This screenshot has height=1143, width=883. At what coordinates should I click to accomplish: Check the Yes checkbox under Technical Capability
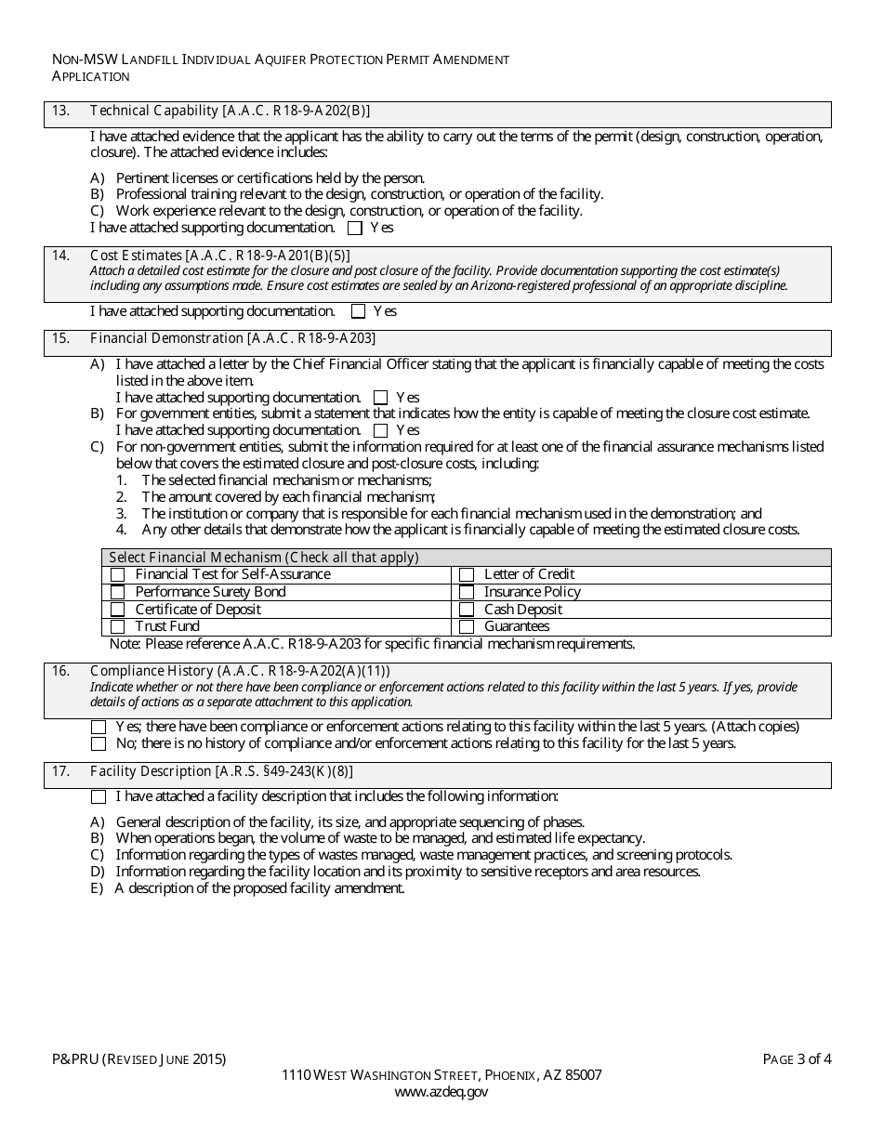point(354,228)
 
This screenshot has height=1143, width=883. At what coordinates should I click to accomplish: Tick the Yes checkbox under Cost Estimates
point(358,312)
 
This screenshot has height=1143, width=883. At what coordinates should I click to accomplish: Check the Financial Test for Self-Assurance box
point(117,575)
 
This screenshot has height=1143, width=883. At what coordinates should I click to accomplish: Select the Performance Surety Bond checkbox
point(117,593)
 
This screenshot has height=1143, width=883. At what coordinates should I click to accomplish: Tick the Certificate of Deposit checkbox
point(117,610)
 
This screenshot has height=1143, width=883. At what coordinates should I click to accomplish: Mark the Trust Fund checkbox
point(117,627)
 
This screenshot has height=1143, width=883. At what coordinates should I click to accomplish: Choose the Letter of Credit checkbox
point(467,575)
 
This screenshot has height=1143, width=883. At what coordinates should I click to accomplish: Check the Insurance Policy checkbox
point(467,593)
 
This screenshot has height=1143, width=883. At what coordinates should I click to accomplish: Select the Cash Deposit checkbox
point(467,610)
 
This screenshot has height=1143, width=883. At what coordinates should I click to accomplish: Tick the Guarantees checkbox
point(467,627)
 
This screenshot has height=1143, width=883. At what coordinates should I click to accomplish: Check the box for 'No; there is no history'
point(99,744)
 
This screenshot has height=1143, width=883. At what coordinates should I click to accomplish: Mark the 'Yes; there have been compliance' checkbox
point(99,727)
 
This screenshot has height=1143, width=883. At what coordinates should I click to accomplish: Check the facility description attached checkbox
point(99,797)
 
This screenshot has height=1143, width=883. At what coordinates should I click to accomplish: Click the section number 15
point(60,338)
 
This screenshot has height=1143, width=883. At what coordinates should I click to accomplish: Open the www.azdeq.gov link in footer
point(441,1093)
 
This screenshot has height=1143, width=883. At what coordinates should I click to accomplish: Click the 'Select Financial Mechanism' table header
point(264,558)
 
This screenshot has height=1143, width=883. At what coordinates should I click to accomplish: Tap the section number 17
point(60,771)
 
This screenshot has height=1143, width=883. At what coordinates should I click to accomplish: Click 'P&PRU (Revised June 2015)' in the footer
point(138,1058)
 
